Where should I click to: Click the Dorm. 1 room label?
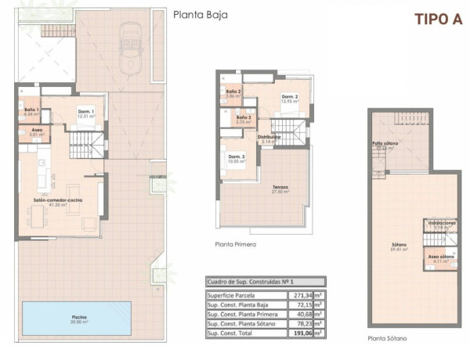pos(86,112)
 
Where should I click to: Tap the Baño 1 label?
pos(32,110)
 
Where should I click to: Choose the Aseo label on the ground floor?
pos(37,131)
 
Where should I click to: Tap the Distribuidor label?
pos(270,138)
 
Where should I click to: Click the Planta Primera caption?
pos(236,244)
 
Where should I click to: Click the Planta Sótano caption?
pos(388,339)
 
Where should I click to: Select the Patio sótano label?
pos(386,144)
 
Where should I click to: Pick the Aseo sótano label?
pos(441,257)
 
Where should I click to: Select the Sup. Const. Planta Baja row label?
pos(243,304)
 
